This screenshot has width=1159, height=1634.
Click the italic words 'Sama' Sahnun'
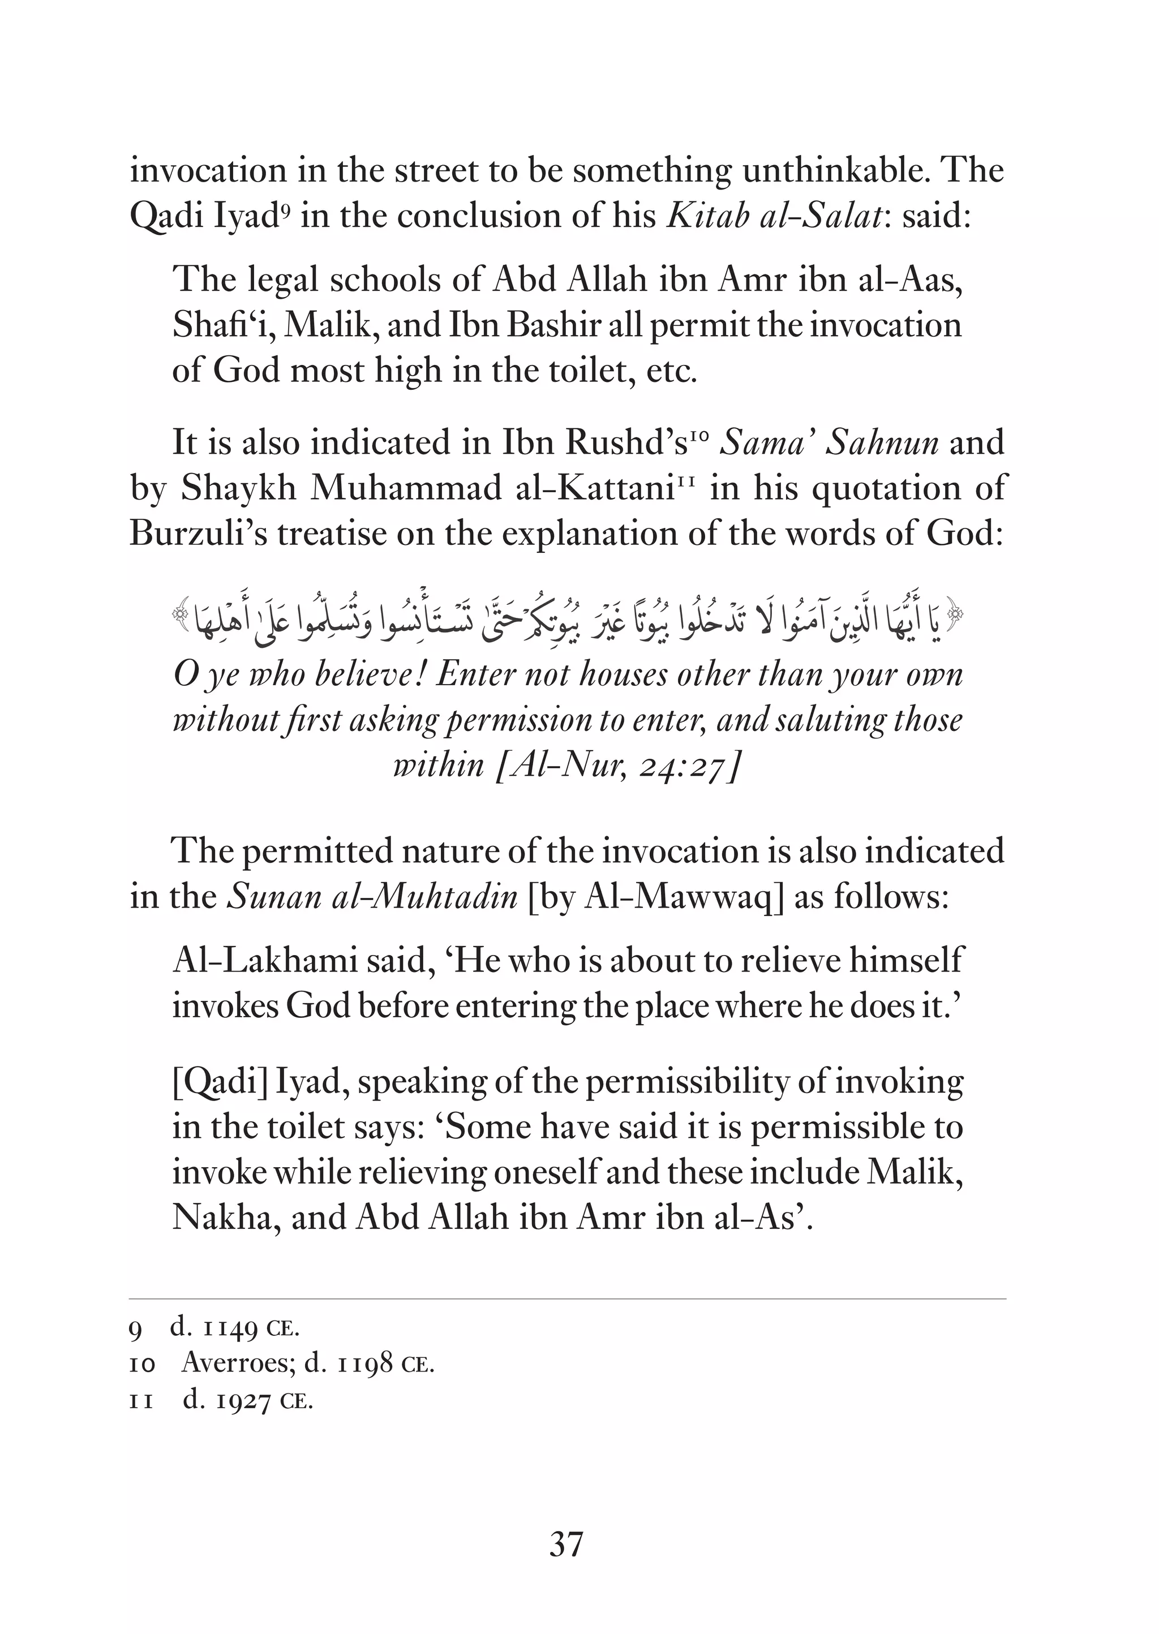(x=829, y=443)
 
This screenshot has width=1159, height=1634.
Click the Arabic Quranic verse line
(x=568, y=621)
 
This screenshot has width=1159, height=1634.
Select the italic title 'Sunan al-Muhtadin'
(x=372, y=896)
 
